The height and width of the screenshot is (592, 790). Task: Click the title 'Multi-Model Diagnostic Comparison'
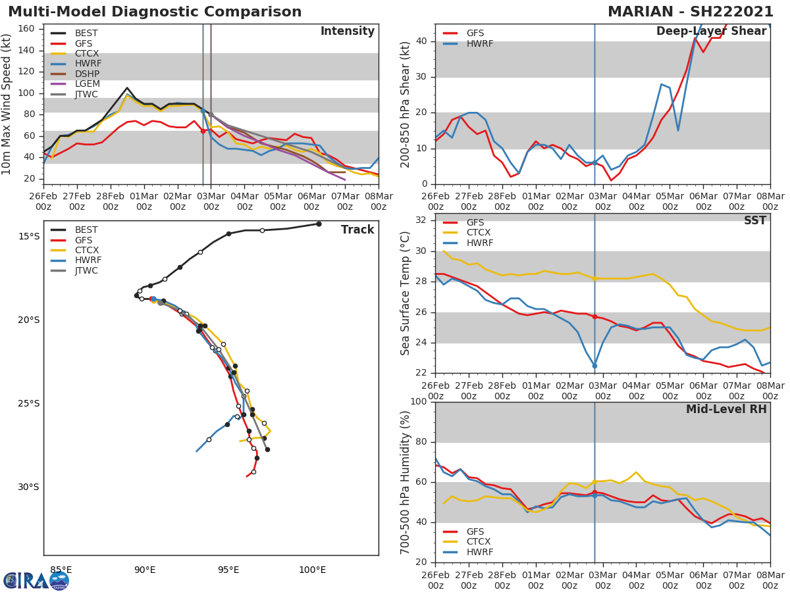point(155,12)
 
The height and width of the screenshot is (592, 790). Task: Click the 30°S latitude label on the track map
point(28,487)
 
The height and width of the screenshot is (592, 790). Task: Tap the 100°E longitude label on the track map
point(312,570)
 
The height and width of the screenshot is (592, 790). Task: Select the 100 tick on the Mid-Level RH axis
point(419,402)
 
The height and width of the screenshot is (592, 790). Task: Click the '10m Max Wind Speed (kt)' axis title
point(7,104)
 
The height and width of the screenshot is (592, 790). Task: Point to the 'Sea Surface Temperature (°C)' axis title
point(406,293)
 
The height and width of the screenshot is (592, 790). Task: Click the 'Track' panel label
point(357,230)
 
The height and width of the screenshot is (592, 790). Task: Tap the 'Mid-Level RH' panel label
point(726,410)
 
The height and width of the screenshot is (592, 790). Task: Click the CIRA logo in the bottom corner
point(36,580)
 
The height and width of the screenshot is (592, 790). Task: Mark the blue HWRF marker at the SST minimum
point(594,366)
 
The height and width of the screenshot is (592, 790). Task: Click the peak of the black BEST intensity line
point(127,87)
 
